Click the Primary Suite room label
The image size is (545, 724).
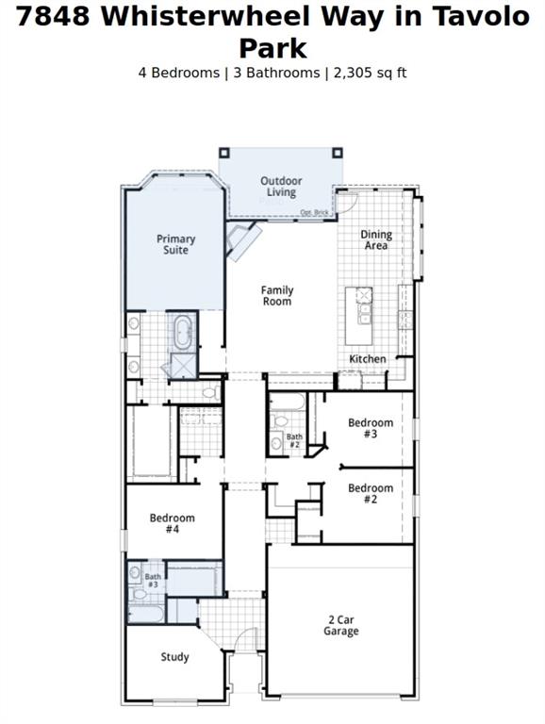click(175, 245)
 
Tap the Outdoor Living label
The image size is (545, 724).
click(280, 187)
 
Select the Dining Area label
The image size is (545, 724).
click(376, 240)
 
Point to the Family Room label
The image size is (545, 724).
click(277, 296)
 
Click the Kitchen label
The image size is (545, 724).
click(368, 359)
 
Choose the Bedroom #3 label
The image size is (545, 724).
click(370, 428)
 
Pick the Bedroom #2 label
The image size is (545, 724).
click(370, 493)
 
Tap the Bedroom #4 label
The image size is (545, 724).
click(173, 523)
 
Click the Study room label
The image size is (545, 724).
click(174, 657)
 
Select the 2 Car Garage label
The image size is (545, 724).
click(340, 625)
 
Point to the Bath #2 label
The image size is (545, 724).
click(295, 440)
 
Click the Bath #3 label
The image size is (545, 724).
click(153, 580)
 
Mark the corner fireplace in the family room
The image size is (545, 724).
click(241, 242)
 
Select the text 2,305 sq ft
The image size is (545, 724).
click(370, 73)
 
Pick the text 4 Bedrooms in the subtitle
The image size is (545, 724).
click(178, 73)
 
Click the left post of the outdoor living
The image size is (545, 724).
click(224, 152)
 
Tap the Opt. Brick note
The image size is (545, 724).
click(314, 212)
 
